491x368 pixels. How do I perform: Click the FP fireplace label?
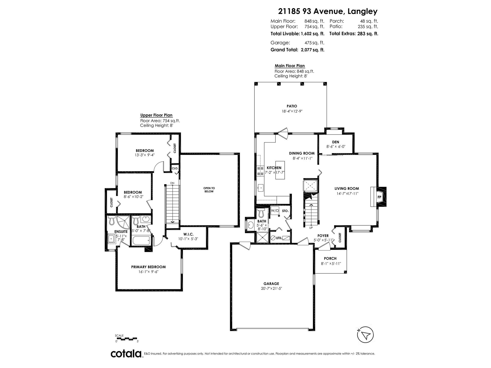(x=379, y=197)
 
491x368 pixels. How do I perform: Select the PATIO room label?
(x=292, y=106)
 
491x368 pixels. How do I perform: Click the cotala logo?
(x=126, y=354)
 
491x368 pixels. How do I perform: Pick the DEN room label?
(x=336, y=142)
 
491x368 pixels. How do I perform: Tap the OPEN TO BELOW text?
(x=209, y=190)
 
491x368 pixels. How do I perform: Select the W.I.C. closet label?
(x=188, y=234)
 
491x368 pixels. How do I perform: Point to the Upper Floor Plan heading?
(x=156, y=115)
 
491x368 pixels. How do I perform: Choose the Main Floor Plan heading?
(x=290, y=66)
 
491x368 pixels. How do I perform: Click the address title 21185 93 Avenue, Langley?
(x=328, y=11)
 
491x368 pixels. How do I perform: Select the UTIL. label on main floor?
(x=279, y=238)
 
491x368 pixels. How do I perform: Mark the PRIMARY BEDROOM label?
(x=148, y=267)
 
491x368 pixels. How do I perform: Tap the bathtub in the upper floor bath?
(x=141, y=240)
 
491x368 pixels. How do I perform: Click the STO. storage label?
(x=285, y=211)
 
